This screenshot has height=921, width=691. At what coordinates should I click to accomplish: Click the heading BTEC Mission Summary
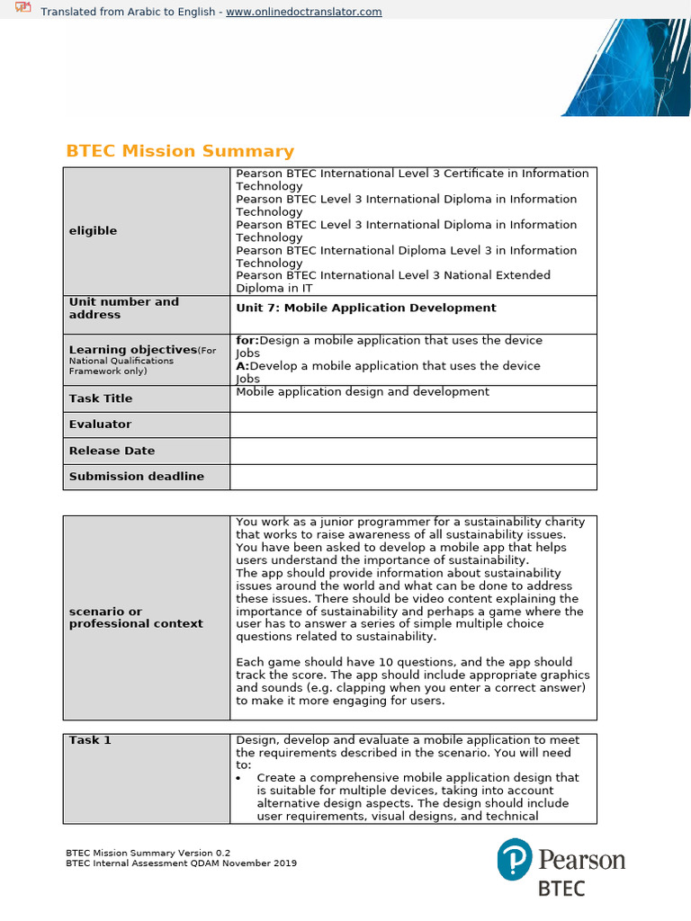180,151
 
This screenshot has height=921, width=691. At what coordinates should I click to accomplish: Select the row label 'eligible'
93,231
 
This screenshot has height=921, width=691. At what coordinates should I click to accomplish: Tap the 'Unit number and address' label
123,308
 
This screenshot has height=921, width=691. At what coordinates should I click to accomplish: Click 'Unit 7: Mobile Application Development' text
365,308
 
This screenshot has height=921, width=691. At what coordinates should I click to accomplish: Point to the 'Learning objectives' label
132,349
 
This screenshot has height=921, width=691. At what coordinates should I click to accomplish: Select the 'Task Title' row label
100,398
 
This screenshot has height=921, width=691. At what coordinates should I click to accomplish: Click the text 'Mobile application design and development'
363,392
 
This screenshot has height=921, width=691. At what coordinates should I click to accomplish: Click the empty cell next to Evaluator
413,425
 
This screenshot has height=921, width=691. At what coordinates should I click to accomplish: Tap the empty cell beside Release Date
413,451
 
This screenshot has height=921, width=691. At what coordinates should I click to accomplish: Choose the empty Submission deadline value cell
413,477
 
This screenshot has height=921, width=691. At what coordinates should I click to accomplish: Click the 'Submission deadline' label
136,477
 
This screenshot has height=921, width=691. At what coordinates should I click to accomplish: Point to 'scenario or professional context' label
135,618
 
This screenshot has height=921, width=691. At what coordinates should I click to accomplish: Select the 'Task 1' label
90,740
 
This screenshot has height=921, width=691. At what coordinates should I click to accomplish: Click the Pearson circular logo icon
515,859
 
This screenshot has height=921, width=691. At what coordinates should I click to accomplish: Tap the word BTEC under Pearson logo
561,889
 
